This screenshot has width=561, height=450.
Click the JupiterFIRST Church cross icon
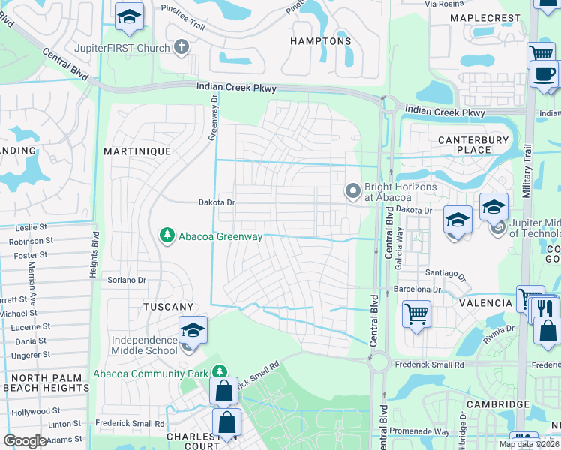click(180, 47)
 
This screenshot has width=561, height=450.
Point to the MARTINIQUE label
click(138, 151)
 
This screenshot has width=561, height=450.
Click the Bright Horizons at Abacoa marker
click(352, 192)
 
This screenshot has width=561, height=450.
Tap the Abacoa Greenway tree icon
click(167, 236)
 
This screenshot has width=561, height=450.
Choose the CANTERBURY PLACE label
click(463, 145)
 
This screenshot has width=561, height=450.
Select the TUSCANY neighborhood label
click(169, 307)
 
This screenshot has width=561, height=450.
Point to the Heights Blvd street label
click(94, 253)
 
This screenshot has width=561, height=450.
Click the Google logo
click(25, 441)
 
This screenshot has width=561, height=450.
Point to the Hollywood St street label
click(36, 411)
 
